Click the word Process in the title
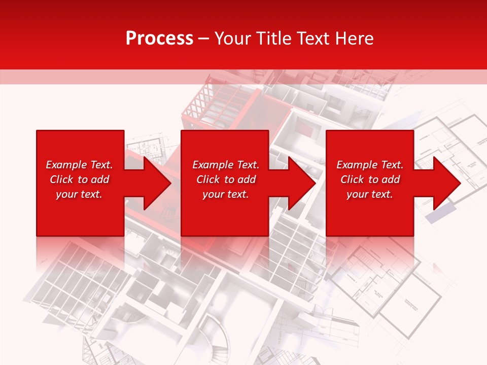159,39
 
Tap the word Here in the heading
355,39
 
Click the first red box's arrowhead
155,183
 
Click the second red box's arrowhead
300,183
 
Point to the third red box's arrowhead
445,183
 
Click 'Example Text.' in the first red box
79,165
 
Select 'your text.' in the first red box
79,194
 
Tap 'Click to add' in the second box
226,179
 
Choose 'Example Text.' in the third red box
370,165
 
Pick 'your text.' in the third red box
370,194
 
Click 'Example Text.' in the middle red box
226,165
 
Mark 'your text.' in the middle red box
226,194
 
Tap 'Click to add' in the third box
370,179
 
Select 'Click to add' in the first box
79,179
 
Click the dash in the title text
204,39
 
